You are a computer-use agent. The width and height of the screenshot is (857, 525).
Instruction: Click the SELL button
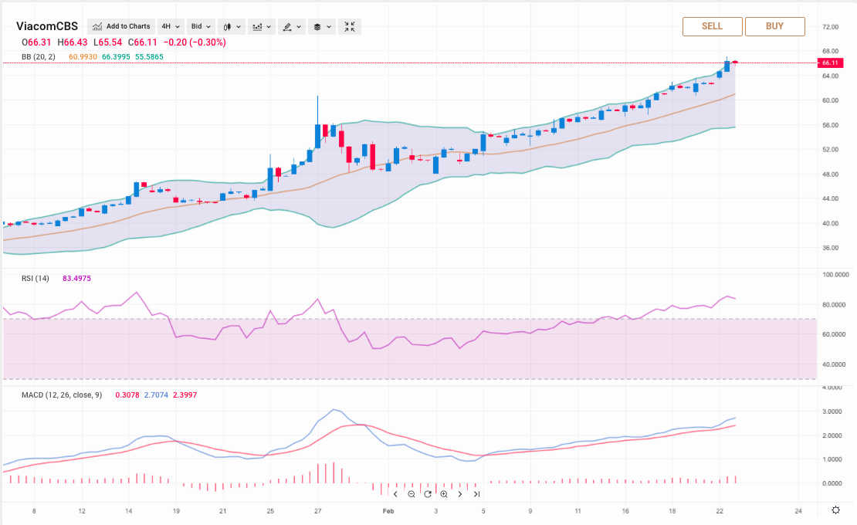click(712, 26)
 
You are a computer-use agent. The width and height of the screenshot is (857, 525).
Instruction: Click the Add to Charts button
click(121, 26)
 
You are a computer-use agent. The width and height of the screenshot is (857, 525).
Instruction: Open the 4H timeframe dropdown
click(170, 26)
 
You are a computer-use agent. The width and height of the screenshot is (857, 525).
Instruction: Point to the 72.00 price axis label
click(830, 27)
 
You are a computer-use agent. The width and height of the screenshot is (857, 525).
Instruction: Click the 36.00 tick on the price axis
click(830, 248)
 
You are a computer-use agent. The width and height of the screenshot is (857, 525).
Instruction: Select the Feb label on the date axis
click(388, 511)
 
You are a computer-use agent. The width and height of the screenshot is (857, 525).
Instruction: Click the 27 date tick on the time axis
click(318, 511)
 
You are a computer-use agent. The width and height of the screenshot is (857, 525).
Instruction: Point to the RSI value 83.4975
click(76, 278)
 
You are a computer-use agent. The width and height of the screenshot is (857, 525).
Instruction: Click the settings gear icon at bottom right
click(835, 510)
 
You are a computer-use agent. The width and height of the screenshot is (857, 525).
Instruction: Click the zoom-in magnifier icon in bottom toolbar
click(444, 494)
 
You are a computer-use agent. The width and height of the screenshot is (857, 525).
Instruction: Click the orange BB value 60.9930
click(83, 57)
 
